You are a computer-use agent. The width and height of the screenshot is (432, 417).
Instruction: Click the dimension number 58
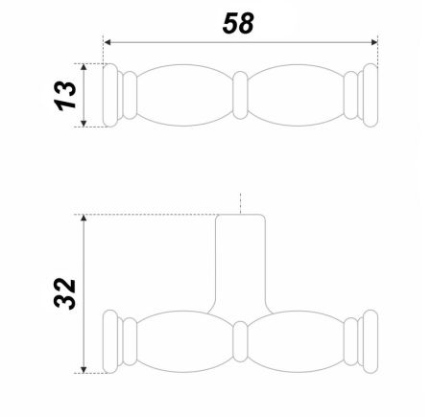(x=239, y=24)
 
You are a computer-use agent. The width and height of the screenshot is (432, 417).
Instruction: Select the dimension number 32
(x=63, y=293)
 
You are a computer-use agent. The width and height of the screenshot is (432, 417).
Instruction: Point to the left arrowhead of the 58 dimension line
(x=108, y=42)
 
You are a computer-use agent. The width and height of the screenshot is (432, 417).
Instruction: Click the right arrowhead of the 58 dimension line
(x=372, y=42)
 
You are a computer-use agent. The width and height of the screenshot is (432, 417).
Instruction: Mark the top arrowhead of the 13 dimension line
(x=86, y=67)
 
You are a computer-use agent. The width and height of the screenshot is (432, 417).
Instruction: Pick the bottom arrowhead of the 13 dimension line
(x=86, y=124)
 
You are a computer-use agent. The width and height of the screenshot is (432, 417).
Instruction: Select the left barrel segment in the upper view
(x=182, y=96)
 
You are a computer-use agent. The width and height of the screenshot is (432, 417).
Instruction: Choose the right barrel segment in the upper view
(x=298, y=96)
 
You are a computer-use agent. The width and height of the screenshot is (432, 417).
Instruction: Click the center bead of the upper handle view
(x=240, y=96)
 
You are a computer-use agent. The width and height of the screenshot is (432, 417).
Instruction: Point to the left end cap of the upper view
(x=112, y=96)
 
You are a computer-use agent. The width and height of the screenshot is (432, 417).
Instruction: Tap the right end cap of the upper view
(x=369, y=96)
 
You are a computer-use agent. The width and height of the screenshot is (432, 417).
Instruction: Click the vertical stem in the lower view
(x=240, y=264)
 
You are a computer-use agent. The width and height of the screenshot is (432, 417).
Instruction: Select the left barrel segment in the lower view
(x=182, y=340)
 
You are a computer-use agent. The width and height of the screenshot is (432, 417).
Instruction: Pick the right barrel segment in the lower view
(x=298, y=340)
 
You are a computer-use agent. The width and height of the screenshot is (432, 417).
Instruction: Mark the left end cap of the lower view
(x=112, y=340)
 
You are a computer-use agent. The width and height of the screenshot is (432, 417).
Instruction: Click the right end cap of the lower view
(x=369, y=340)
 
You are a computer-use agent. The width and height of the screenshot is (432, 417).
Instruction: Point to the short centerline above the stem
(x=240, y=204)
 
